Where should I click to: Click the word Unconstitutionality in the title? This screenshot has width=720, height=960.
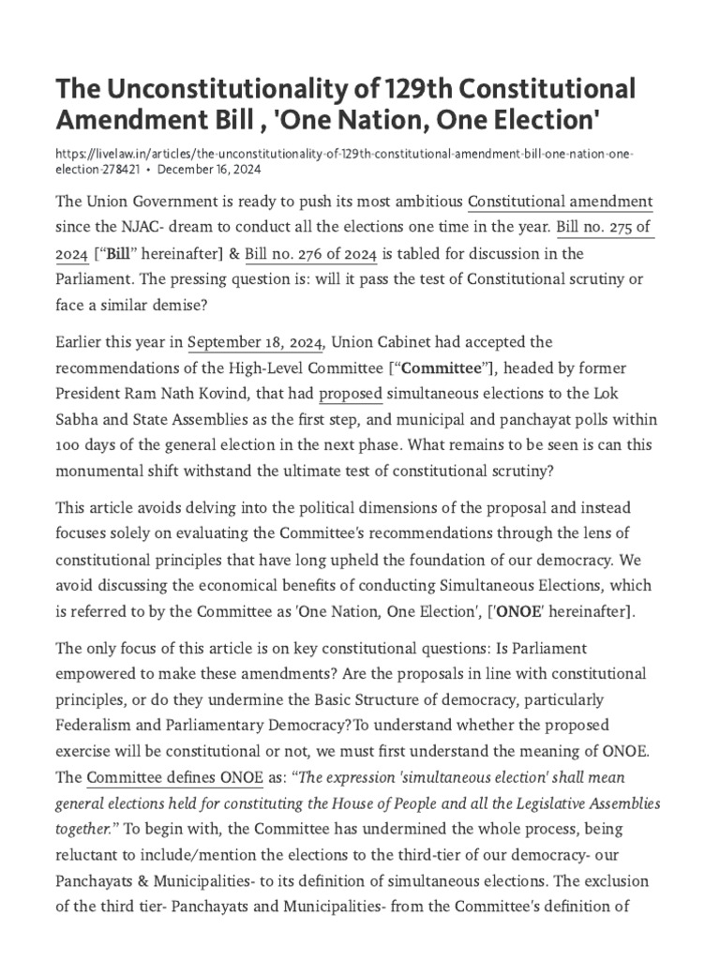(235, 90)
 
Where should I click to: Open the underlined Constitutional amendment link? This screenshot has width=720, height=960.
(560, 202)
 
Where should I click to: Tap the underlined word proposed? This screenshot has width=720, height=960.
(350, 394)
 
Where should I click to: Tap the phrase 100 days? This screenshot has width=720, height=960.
(83, 446)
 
